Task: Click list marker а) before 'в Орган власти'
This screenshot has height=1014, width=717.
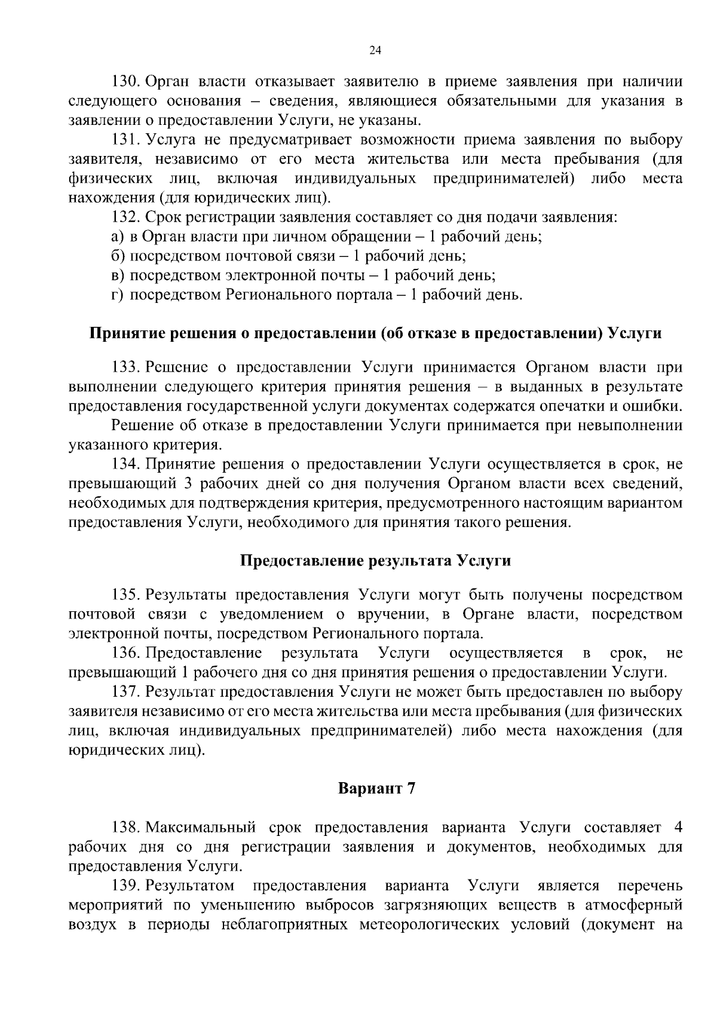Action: coord(117,237)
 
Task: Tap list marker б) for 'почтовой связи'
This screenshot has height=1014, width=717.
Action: coord(117,256)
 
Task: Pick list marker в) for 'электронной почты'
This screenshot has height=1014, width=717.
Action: coord(117,275)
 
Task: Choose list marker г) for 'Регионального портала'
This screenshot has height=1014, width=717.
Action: coord(117,295)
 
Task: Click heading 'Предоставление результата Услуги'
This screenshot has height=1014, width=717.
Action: coord(375,561)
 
